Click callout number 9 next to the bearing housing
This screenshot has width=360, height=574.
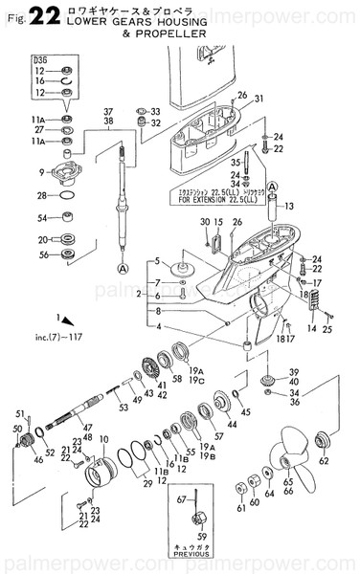point(42,172)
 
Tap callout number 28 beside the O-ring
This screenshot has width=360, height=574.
point(42,195)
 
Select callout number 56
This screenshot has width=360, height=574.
point(42,255)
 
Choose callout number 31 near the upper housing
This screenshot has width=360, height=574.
point(258,99)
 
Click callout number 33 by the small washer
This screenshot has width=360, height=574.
point(155,111)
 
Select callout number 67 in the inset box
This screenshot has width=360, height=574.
point(179,499)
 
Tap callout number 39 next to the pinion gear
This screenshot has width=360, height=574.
point(295,371)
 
